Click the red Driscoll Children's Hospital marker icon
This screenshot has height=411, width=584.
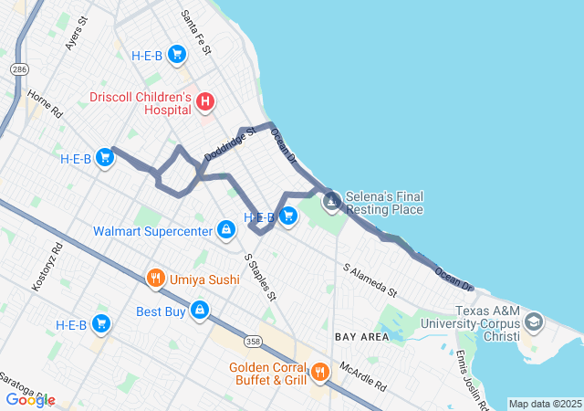pos(205,102)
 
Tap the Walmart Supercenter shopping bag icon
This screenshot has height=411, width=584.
pos(225,230)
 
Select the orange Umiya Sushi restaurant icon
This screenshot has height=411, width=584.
pos(156,278)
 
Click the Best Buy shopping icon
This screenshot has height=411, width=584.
pos(199,311)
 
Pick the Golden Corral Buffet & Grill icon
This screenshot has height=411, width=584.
pos(319,372)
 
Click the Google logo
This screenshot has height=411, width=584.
pos(30,400)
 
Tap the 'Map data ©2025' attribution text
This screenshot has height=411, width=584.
pos(544,404)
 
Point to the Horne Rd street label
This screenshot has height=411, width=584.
pos(43,103)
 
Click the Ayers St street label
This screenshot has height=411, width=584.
pos(76,33)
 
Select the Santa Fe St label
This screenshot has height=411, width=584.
pos(195,33)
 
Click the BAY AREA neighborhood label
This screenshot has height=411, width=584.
pos(357,337)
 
